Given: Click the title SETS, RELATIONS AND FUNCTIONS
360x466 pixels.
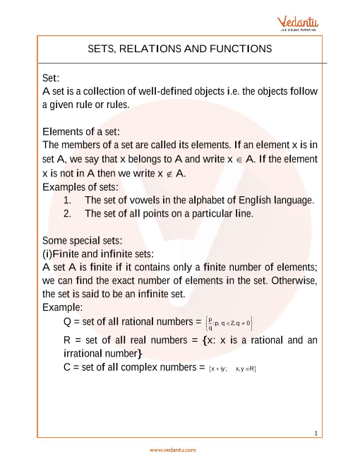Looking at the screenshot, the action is coord(179,49).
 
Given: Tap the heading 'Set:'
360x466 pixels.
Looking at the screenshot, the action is coord(52,79).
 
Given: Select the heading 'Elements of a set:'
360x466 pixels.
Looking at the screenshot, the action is coord(81,132).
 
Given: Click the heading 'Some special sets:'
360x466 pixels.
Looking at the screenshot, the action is coord(84,240).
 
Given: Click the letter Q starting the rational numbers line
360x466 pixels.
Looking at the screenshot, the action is coord(68,323).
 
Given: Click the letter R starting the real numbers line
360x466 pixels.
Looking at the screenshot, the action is coord(67,340).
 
